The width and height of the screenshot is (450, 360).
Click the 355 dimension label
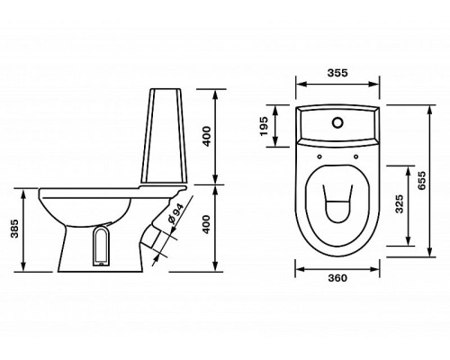pos(337,73)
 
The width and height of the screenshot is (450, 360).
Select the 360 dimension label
pos(337,278)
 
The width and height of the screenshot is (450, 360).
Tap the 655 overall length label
pos(421,181)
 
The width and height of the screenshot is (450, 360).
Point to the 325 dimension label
pos(399,204)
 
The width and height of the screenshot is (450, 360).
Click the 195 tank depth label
pos(264,126)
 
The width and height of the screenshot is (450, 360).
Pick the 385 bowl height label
pos(14,229)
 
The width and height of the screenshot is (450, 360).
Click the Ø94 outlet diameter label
pos(175,214)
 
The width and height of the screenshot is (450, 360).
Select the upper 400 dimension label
pos(207,137)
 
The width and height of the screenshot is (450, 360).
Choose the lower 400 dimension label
pos(207,224)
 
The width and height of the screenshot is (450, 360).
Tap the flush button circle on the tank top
pos(337,122)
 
